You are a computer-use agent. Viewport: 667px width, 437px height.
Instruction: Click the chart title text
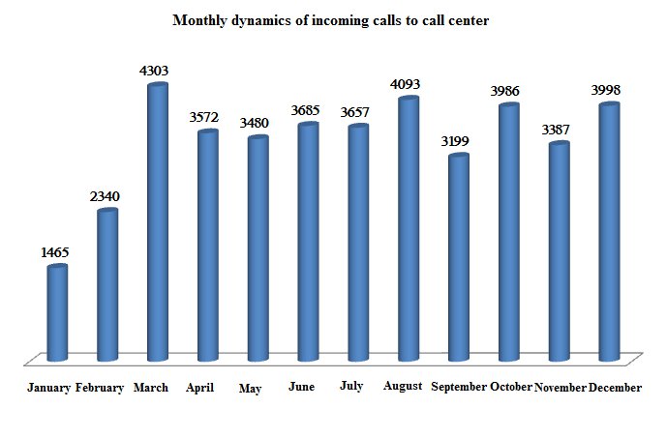pos(330,19)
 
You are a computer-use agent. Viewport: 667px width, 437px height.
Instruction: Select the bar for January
pos(58,312)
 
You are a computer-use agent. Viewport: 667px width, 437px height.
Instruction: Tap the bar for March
pos(158,222)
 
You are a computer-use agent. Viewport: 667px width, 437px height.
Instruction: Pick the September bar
pos(459,257)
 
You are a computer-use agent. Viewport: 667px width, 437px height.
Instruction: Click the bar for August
pos(409,228)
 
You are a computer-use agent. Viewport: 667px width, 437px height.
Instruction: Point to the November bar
pos(559,251)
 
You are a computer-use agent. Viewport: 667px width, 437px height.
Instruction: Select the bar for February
pos(107,284)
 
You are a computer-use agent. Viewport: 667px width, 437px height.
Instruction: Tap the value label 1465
pos(54,252)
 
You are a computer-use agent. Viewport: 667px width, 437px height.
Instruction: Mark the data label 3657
pos(355,111)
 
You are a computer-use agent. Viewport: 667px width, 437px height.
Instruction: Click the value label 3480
pos(256,123)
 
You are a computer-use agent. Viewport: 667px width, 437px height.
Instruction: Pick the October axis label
pos(511,387)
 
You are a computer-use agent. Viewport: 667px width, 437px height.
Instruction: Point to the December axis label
pos(615,387)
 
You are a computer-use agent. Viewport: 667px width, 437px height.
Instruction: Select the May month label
pos(250,389)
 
